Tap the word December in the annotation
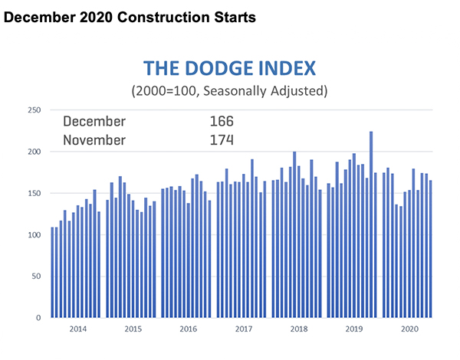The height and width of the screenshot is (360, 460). pos(94,121)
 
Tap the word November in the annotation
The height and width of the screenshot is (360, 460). pos(95,140)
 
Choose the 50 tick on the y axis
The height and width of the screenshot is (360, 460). pos(34,276)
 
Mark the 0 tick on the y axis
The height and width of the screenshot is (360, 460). pos(38,317)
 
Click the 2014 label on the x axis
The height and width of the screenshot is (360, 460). pos(76,329)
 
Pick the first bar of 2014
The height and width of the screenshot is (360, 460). pos(52,272)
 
